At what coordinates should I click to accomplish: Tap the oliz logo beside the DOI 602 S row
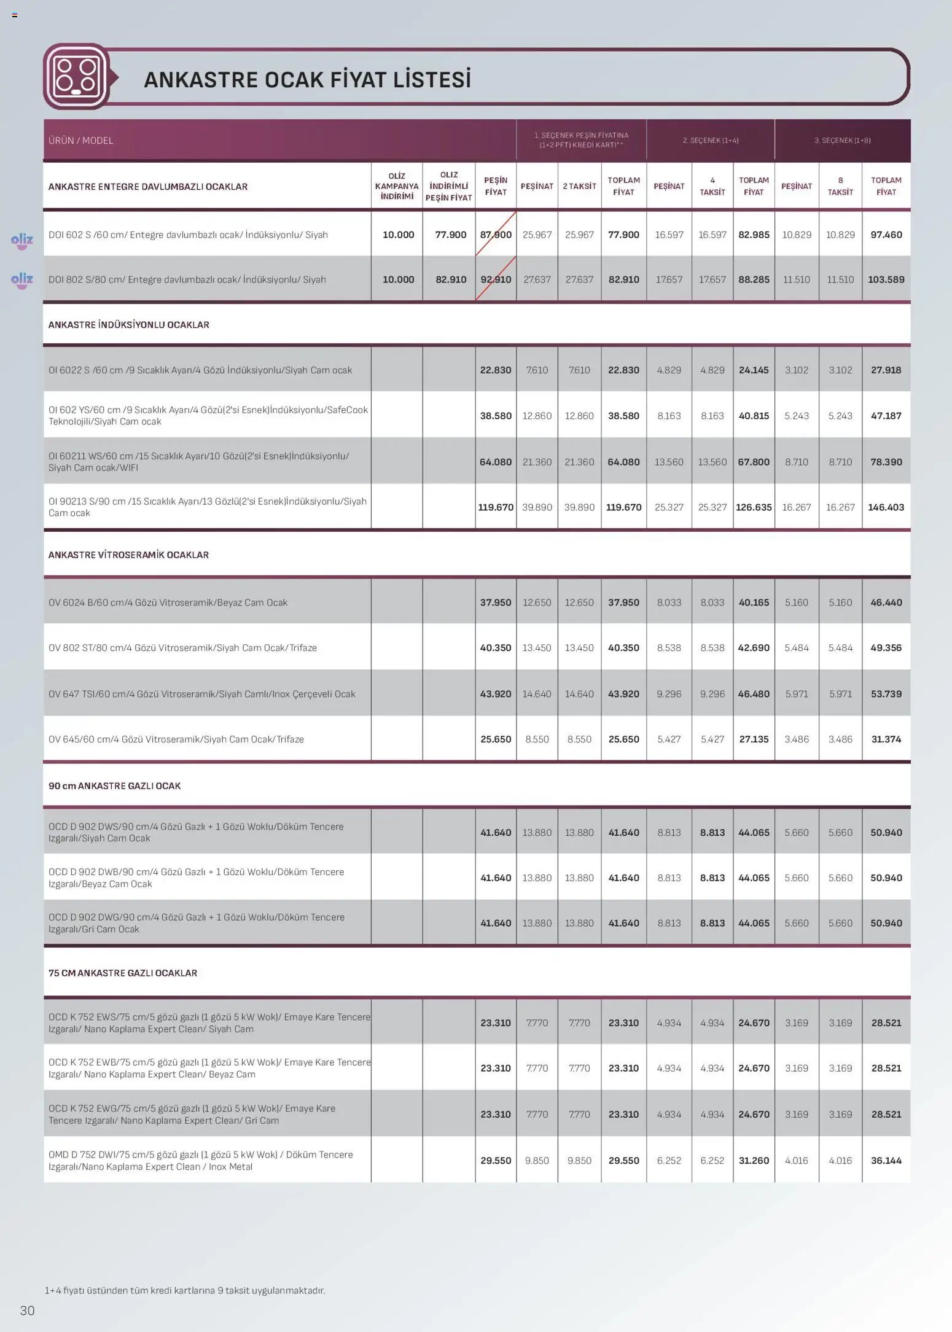22,240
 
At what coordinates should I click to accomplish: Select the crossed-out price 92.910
496,279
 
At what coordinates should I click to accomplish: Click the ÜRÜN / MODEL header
81,141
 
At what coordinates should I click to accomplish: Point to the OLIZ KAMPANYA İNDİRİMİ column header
397,186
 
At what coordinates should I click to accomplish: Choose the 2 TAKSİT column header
579,186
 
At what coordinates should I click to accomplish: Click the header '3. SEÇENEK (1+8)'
842,141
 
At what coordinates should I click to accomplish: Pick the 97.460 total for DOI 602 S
886,235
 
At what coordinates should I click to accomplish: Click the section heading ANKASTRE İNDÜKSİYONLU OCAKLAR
129,325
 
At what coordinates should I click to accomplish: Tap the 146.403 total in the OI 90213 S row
886,507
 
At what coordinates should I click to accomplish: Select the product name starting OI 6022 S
200,370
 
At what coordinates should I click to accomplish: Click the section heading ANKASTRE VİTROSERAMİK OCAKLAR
128,555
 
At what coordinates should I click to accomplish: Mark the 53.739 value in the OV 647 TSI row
886,694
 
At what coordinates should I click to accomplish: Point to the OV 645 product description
176,739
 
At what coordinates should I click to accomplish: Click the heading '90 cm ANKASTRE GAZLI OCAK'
115,786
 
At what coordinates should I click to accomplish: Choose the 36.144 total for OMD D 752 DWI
886,1161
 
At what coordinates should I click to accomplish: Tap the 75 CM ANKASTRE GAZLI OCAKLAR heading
123,973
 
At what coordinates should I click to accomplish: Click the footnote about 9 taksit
184,1290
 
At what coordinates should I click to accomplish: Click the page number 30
28,1311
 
